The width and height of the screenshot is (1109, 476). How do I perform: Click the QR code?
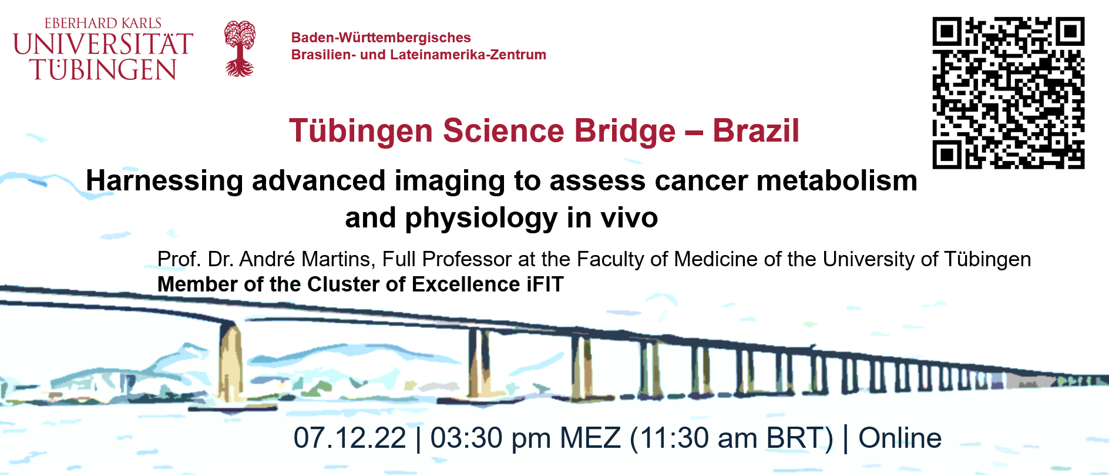1008,93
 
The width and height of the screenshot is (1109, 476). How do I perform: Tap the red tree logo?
240,49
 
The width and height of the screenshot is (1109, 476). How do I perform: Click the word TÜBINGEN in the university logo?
104,69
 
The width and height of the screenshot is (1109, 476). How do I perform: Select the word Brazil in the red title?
756,130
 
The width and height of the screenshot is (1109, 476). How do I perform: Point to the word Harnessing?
164,181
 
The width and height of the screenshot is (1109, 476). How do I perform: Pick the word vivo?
629,218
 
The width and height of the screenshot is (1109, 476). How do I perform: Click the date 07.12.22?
350,438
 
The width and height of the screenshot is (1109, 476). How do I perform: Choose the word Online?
900,438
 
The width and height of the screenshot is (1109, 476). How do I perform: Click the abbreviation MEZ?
590,438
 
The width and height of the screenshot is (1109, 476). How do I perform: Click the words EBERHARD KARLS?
103,24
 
